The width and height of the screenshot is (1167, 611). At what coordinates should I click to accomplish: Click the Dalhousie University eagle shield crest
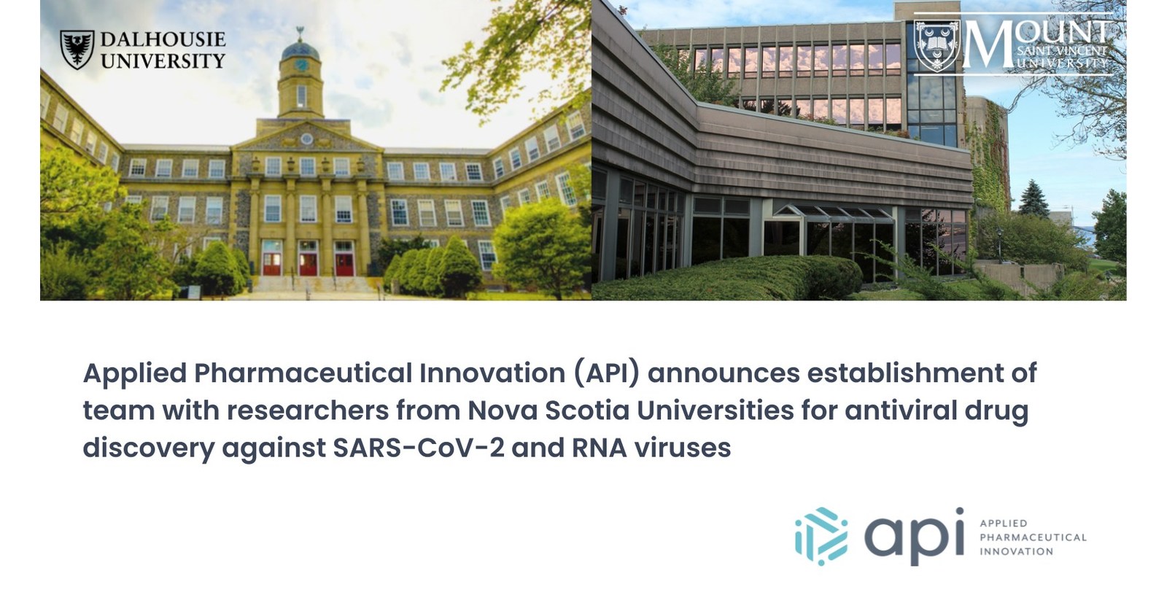point(77,50)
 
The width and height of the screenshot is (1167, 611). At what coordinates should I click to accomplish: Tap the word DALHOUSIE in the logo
point(163,40)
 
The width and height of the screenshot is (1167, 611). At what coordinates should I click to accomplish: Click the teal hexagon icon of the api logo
point(821,537)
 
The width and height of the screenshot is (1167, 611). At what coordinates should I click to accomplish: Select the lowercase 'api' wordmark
point(914,537)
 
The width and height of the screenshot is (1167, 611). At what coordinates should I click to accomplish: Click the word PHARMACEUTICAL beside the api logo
point(1033,537)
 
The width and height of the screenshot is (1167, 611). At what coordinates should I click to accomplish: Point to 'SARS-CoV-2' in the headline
point(418,448)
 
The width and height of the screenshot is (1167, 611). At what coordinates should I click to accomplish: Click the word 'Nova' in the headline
point(501,410)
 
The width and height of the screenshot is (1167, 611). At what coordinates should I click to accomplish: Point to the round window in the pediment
point(307,139)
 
